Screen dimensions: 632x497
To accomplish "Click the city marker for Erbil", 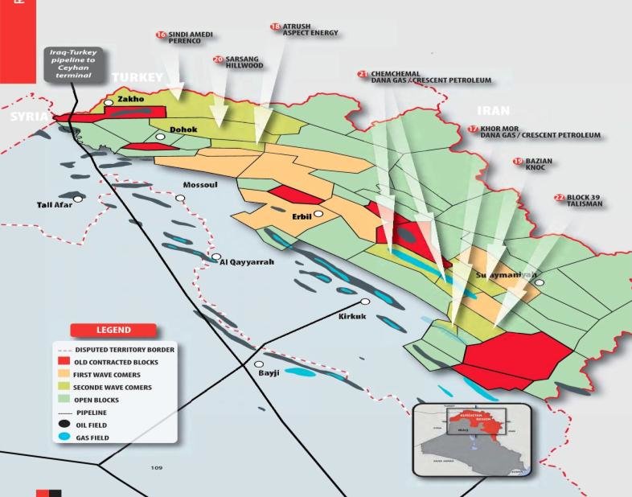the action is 318,214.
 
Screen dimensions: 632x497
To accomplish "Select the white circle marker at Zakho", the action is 108,103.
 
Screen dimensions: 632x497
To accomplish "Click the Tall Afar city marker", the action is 78,199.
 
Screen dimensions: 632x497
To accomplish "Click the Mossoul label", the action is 201,185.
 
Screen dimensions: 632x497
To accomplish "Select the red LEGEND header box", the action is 113,330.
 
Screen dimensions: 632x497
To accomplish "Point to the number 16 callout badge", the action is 161,35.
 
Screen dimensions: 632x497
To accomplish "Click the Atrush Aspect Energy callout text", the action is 310,30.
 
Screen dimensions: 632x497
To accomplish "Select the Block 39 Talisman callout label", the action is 584,201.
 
